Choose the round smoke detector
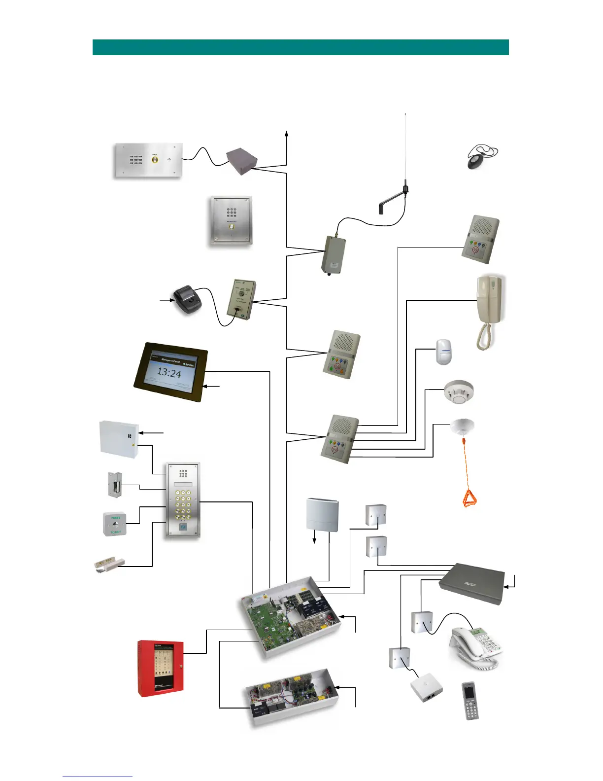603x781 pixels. point(458,392)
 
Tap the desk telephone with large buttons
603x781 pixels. point(476,648)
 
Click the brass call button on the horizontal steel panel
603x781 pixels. point(155,159)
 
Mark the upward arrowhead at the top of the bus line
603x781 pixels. point(287,134)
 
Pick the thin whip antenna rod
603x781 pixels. point(405,148)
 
